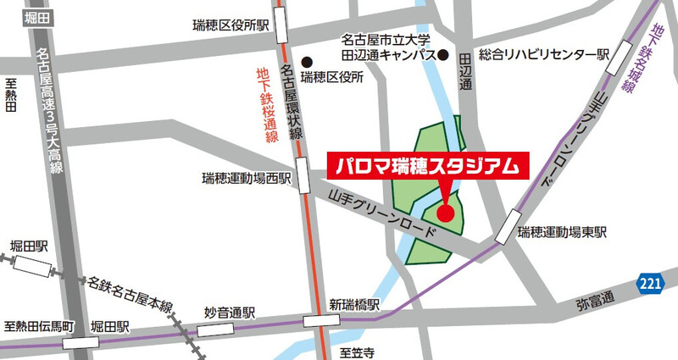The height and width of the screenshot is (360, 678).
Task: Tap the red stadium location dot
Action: click(446, 212)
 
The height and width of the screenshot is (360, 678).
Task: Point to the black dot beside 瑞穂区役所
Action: click(308, 60)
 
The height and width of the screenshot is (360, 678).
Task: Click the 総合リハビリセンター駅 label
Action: click(544, 54)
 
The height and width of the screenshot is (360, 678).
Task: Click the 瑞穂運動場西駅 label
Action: click(247, 179)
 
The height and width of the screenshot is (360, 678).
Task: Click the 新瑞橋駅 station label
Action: click(353, 304)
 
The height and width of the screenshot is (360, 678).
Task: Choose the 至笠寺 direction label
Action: click(357, 350)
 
